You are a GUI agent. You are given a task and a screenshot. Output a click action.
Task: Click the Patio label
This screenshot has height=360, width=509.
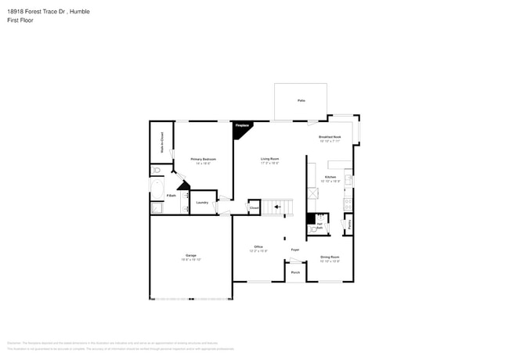pyautogui.click(x=301, y=101)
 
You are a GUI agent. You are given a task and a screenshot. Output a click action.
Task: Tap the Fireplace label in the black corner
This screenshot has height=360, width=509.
pyautogui.click(x=242, y=125)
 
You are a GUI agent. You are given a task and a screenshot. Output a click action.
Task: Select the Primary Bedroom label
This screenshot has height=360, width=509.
pyautogui.click(x=203, y=159)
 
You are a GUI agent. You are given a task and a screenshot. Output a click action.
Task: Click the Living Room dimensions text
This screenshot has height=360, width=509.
pyautogui.click(x=269, y=163)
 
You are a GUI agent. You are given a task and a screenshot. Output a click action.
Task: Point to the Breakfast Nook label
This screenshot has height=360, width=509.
pyautogui.click(x=330, y=137)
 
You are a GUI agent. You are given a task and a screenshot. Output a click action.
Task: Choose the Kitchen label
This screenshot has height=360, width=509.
pyautogui.click(x=330, y=178)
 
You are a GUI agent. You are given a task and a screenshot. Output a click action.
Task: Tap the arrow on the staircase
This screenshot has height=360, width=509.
pyautogui.click(x=276, y=207)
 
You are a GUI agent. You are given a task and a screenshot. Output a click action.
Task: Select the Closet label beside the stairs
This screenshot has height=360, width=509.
pyautogui.click(x=254, y=207)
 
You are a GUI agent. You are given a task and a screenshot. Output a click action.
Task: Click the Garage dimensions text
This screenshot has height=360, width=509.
pyautogui.click(x=190, y=259)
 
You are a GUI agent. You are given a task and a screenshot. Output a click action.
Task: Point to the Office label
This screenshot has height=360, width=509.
pyautogui.click(x=258, y=247)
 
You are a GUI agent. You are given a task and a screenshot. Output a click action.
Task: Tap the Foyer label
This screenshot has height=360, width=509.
pyautogui.click(x=295, y=250)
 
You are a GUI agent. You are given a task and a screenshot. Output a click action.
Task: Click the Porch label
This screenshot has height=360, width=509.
pyautogui.click(x=295, y=272)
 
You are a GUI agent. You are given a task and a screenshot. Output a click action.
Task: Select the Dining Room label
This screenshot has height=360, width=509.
pyautogui.click(x=330, y=257)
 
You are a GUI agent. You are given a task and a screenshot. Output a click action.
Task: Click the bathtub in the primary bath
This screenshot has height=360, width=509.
pyautogui.click(x=154, y=189)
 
